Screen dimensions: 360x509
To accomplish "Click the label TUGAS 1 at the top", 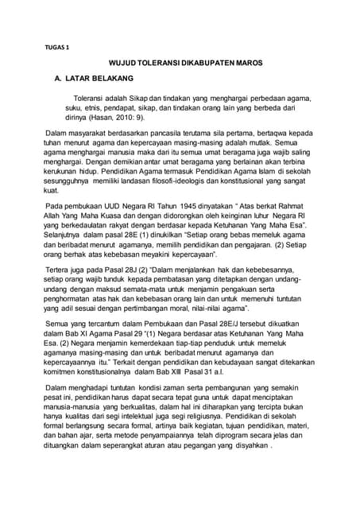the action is click(x=57, y=47).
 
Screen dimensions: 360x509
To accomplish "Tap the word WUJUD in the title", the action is click(x=122, y=62).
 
